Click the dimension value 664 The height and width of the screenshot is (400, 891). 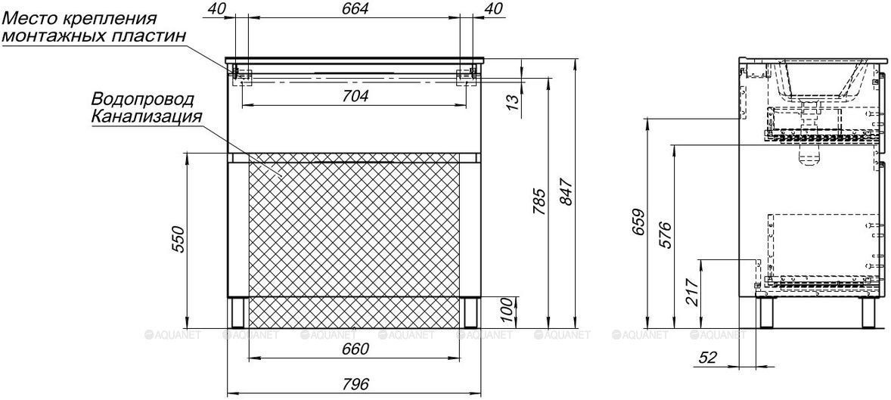point(355,8)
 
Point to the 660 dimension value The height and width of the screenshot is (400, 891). point(355,349)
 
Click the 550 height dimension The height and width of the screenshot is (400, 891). point(178,239)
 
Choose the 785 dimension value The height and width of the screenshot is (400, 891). point(539,203)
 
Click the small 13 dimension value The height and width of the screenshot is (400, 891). point(512,101)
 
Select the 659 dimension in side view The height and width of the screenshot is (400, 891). point(638,224)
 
